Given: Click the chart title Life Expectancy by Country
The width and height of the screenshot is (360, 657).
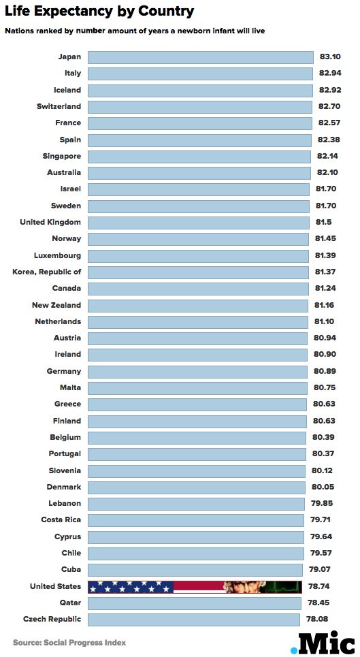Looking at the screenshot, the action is pos(99,12).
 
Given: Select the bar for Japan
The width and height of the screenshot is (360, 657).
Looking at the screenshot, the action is pos(201,57).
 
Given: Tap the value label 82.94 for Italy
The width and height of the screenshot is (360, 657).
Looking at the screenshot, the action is pos(330,73).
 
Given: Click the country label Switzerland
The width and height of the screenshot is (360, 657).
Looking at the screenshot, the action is pos(59,106).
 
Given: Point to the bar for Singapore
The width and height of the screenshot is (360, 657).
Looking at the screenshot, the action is pos(199,157).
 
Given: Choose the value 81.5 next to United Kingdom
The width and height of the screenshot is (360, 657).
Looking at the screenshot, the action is pos(324,222).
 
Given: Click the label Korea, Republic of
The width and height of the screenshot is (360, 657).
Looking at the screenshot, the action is pos(47,272).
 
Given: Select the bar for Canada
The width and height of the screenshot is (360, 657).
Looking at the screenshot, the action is pos(198,288).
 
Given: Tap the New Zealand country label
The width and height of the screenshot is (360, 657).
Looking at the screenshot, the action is pos(56,305).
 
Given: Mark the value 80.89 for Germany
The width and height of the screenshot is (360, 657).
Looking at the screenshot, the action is pos(325,371).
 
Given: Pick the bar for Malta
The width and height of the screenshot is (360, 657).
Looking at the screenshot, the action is pos(197,387).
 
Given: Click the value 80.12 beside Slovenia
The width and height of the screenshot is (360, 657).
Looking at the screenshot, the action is pos(323,470).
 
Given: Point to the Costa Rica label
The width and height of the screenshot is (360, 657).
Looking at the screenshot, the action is pos(61,519).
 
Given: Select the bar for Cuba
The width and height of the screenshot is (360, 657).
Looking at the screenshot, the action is pos(195,569).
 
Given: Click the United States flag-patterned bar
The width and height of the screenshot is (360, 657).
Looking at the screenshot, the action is pos(195,587).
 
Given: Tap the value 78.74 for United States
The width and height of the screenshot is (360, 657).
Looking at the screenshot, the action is pos(319,586).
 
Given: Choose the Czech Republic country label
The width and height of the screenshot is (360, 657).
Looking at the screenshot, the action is pos(52,620).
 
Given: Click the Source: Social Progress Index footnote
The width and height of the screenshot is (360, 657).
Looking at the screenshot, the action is pos(69,642).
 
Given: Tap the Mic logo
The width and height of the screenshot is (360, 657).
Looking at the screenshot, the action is pos(323,642).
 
